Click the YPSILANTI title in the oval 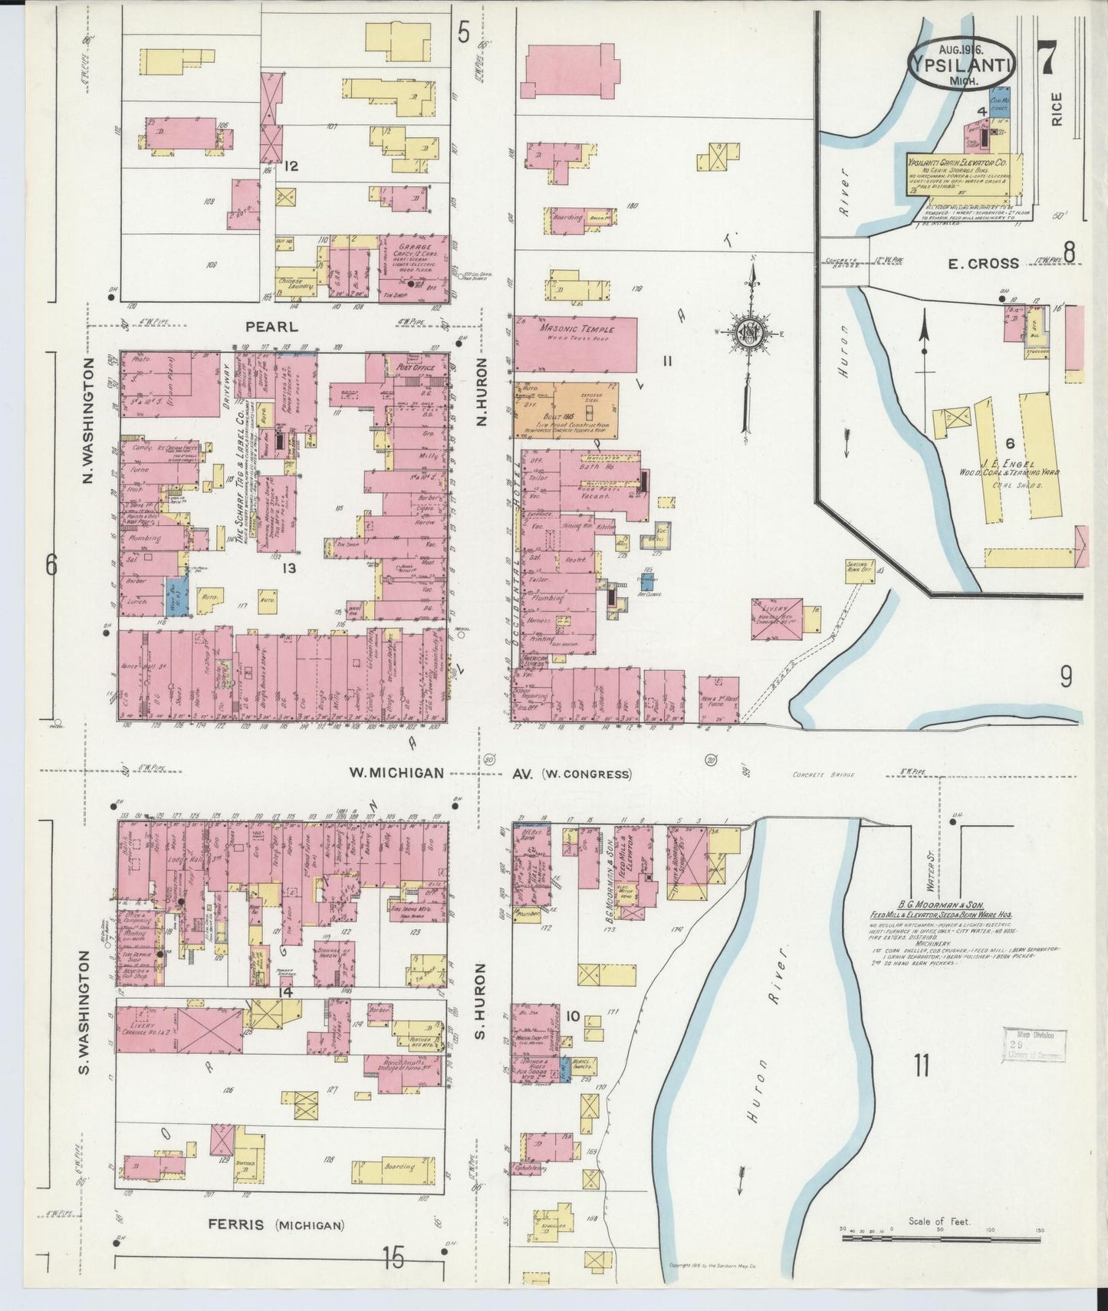click(x=962, y=64)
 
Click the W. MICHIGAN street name click(x=396, y=773)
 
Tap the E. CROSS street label click(x=984, y=264)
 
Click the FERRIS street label click(x=239, y=1224)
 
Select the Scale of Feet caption click(x=939, y=1221)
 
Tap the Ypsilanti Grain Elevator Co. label click(x=957, y=163)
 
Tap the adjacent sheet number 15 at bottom click(x=393, y=1257)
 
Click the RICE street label click(x=1057, y=109)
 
